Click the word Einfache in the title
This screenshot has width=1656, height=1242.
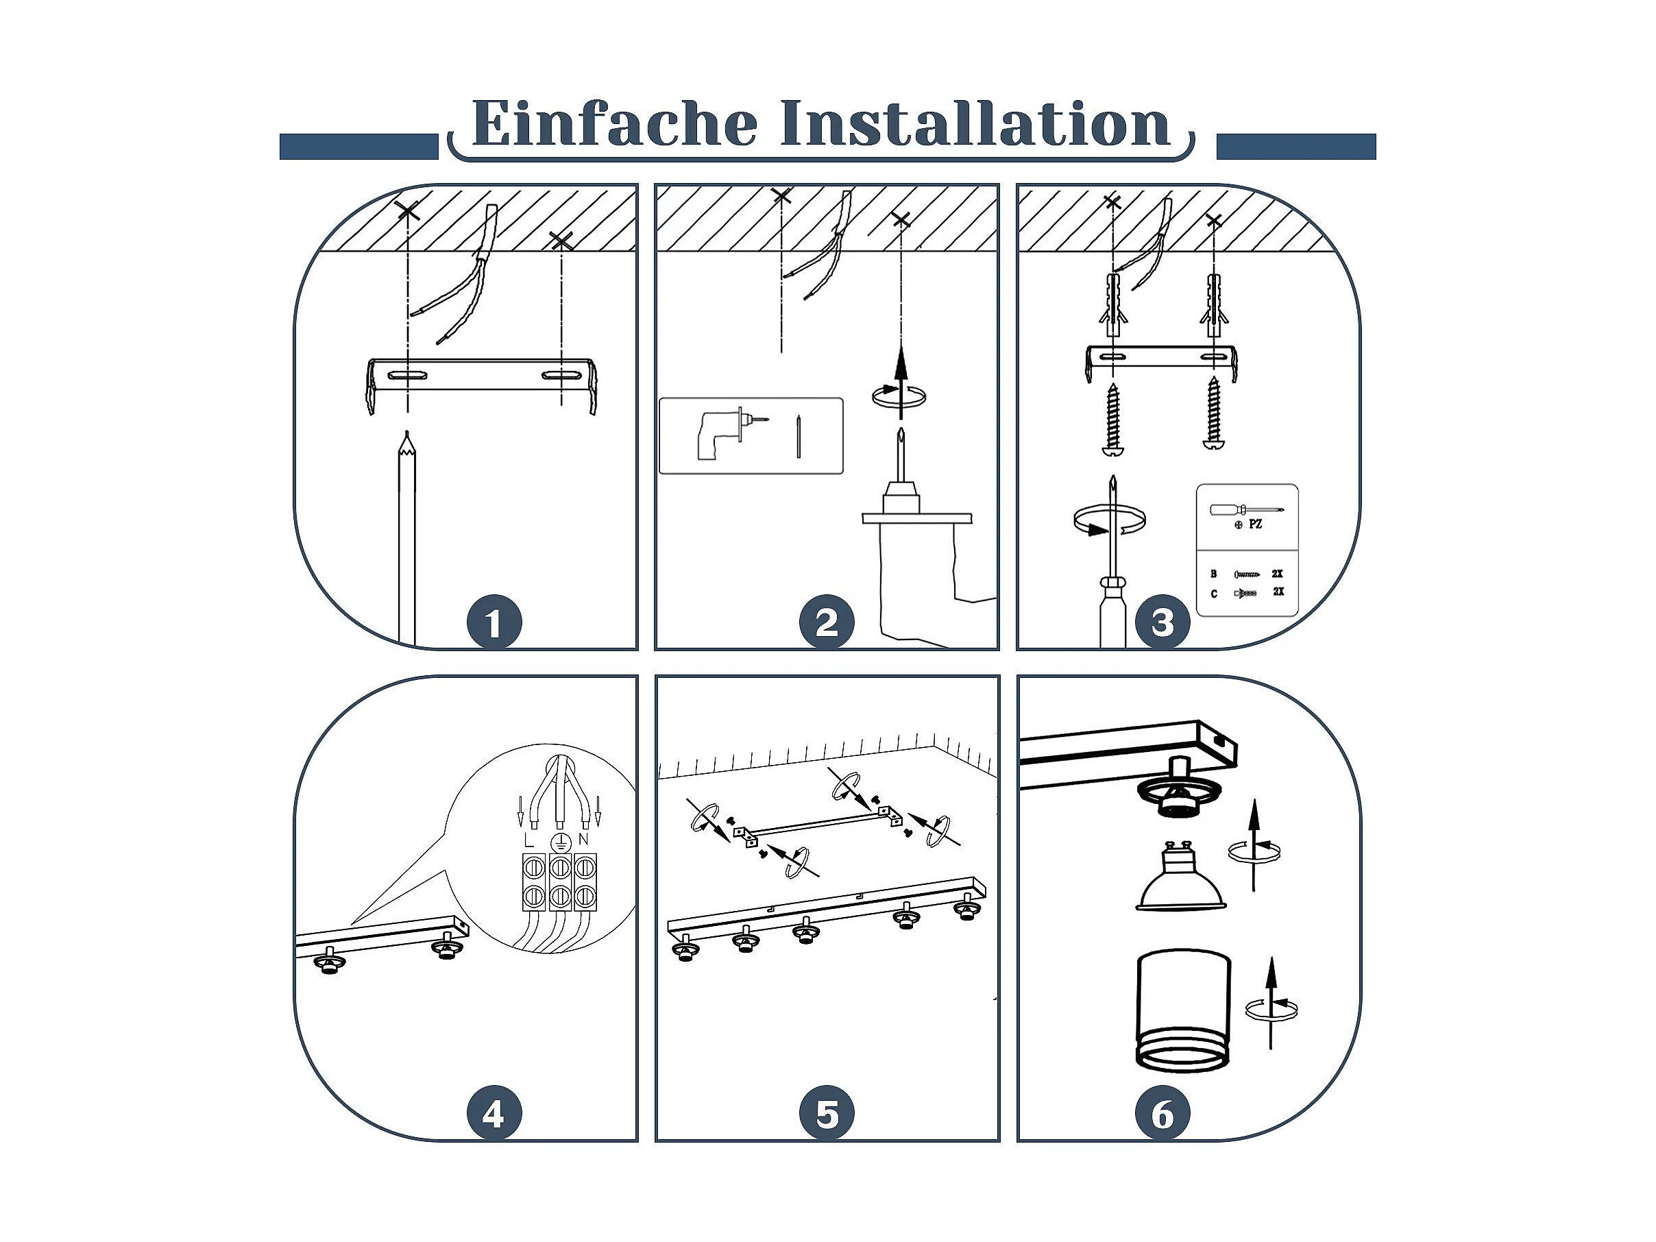tap(615, 123)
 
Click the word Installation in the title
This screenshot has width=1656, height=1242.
tap(975, 123)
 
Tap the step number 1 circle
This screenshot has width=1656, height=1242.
tap(494, 623)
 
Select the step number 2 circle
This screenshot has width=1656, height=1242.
tap(827, 623)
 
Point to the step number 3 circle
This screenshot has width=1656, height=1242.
tap(1162, 623)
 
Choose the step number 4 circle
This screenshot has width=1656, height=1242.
tap(494, 1115)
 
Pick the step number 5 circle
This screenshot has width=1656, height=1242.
tap(827, 1115)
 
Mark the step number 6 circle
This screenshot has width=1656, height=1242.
tap(1162, 1115)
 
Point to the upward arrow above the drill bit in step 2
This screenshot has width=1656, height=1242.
tap(901, 382)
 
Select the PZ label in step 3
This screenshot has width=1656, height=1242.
tap(1255, 525)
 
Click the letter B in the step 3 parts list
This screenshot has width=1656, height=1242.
tap(1213, 574)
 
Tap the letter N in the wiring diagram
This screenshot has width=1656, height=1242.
tap(583, 839)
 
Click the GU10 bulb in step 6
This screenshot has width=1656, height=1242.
tap(1180, 877)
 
